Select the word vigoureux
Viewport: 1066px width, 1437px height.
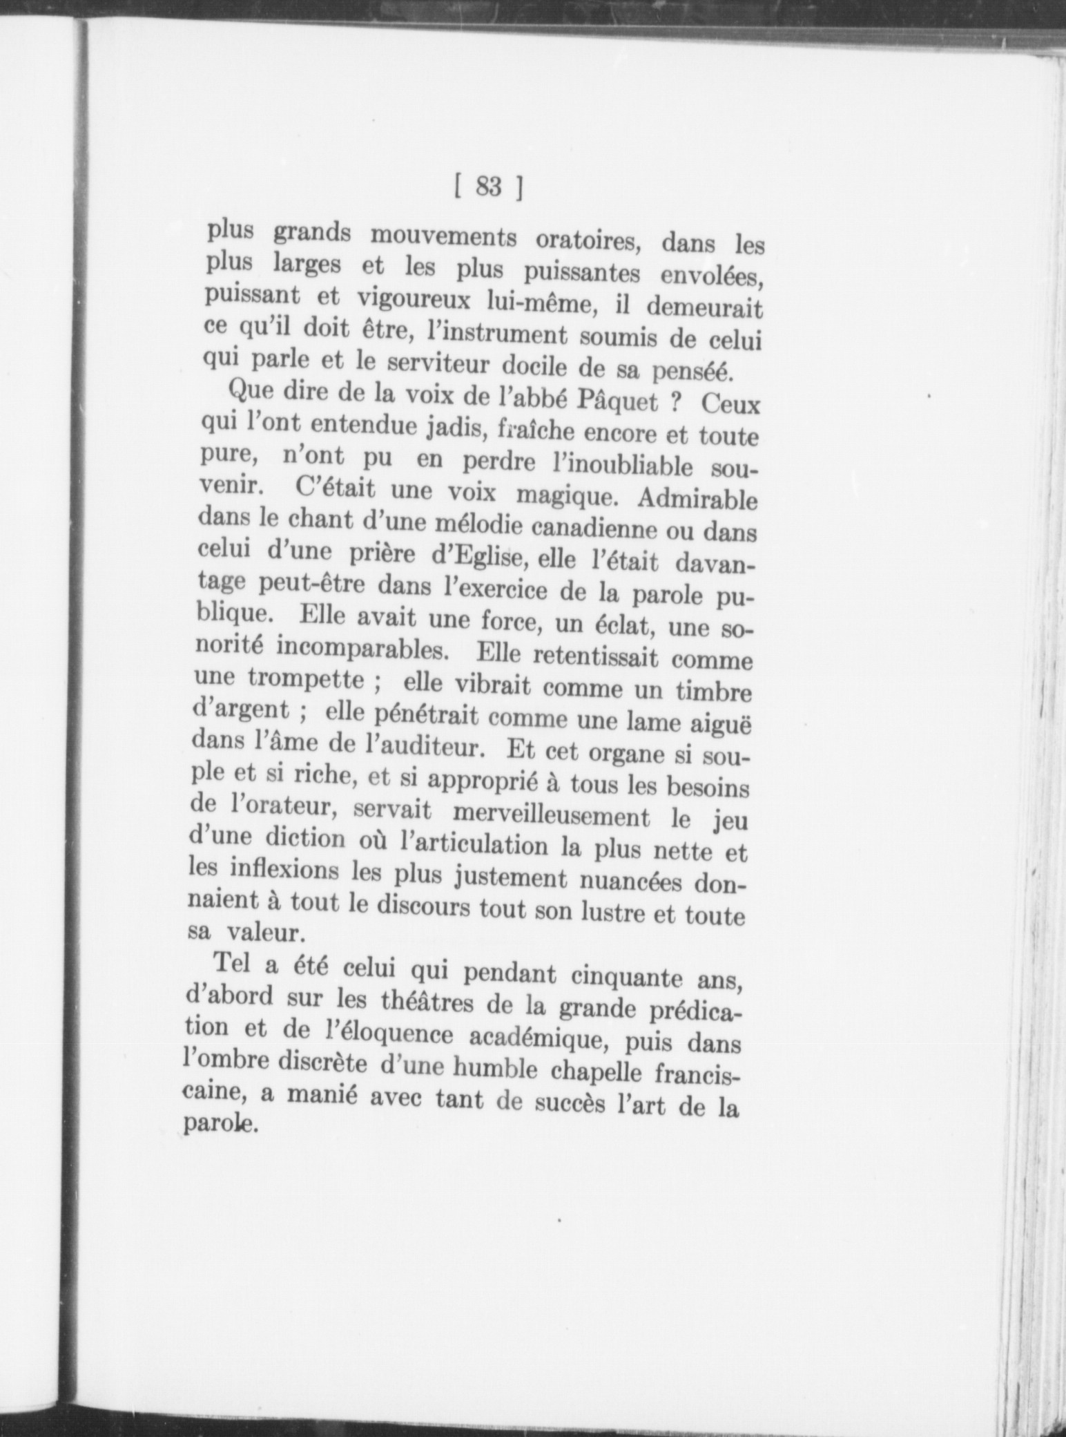(414, 301)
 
